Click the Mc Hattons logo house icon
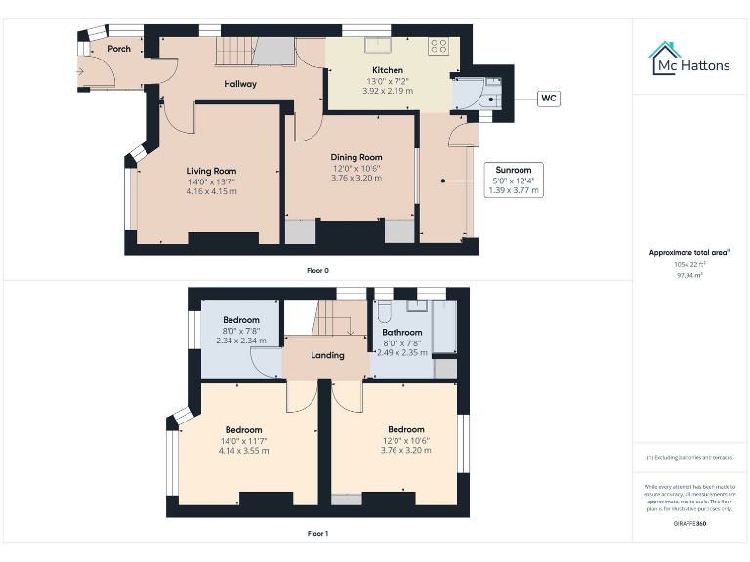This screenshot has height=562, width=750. point(667,59)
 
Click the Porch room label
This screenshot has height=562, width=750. point(119,49)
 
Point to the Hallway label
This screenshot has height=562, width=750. point(240,84)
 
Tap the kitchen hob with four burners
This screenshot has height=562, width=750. point(438,45)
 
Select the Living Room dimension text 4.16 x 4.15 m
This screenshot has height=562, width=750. point(212,191)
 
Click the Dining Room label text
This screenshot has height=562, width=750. point(356,157)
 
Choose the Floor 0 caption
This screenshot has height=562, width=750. point(317,270)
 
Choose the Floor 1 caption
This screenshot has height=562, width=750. point(317,534)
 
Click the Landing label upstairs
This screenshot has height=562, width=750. point(327,355)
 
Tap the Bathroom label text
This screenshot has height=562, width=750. point(401,333)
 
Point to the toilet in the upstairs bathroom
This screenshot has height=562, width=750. point(385,309)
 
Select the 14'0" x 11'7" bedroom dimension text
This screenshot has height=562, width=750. point(243,441)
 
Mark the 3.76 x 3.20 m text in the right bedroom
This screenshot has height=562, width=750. point(405,451)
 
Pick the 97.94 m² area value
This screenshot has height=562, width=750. point(689,275)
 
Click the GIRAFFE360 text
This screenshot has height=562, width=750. point(689,524)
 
